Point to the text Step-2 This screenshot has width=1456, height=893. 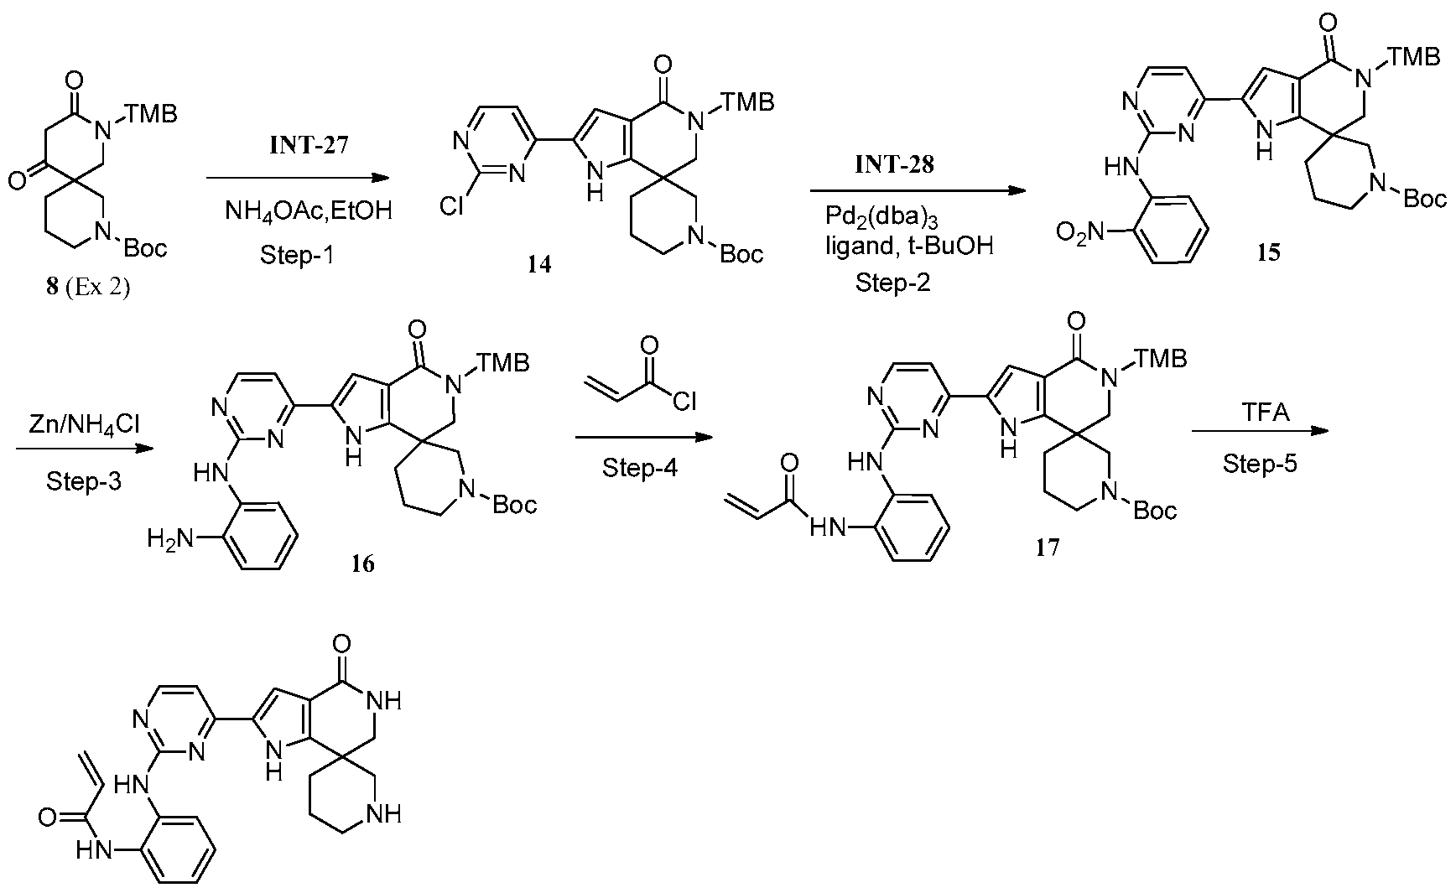(892, 283)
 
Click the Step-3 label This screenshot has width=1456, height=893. (83, 481)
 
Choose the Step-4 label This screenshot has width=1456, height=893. (639, 468)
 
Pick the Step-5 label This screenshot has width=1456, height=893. (1260, 463)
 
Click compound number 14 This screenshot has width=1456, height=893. (539, 265)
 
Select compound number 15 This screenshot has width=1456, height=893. (1268, 252)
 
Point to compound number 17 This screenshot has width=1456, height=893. (1048, 548)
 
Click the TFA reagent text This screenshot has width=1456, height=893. (1261, 413)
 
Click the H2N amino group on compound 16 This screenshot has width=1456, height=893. (171, 537)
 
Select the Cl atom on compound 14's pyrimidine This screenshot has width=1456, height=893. (451, 206)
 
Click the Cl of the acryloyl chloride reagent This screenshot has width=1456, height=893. (684, 403)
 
